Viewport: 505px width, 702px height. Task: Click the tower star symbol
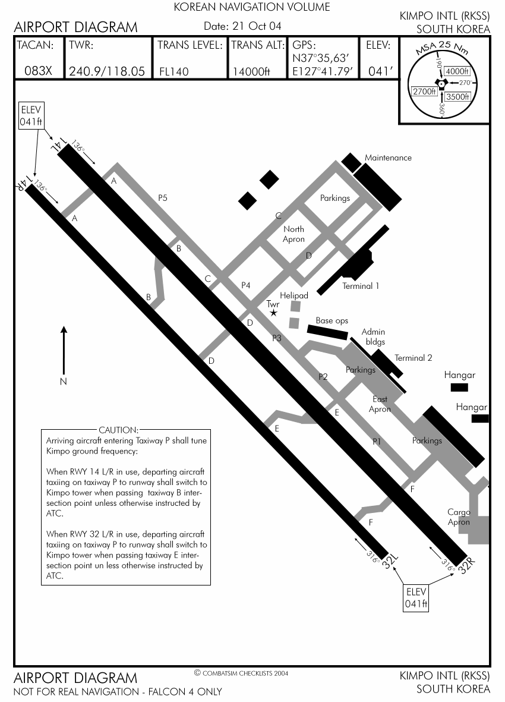pos(273,313)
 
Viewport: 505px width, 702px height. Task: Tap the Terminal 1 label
pos(361,286)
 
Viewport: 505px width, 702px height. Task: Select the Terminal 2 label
pos(414,358)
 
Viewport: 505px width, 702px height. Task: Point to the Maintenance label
pos(388,158)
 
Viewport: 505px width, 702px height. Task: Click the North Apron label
pos(293,234)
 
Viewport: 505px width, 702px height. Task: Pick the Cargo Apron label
pos(459,517)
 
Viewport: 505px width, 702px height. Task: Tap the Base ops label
pos(332,320)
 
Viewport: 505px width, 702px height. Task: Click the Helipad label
pos(294,295)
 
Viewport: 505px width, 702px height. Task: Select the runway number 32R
pos(466,565)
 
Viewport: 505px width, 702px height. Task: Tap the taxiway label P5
pos(163,197)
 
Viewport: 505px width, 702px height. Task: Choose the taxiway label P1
pos(377,442)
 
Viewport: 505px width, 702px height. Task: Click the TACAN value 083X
pos(39,71)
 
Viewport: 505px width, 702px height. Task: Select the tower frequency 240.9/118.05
pos(107,71)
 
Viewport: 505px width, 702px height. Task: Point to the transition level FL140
pos(174,72)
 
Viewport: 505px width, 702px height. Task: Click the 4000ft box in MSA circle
pos(457,71)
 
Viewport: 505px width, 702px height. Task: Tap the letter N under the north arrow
pos(64,382)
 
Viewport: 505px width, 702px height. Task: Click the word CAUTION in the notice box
pos(119,430)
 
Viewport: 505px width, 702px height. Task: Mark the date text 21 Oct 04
pos(257,26)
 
